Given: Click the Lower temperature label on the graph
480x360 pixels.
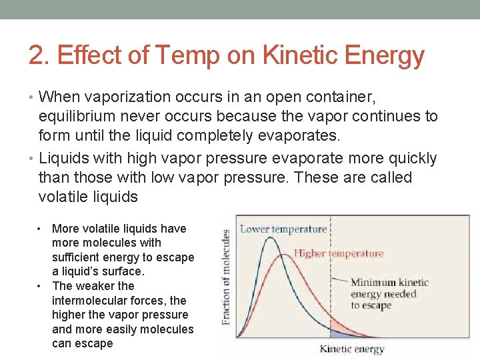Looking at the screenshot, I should pos(283,229).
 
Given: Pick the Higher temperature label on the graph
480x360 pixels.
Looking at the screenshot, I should pos(339,253).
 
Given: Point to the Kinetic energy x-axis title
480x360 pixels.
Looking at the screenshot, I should pos(352,349).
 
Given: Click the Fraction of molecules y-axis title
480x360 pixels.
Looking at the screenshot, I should pos(226,277).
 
